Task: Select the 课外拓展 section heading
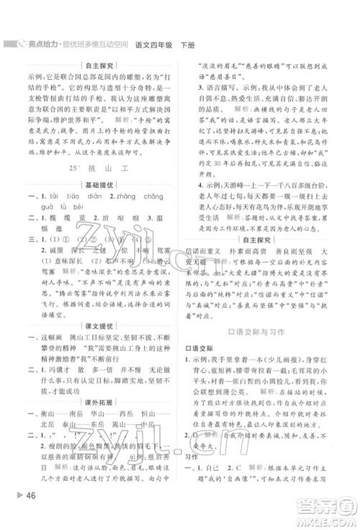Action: (96, 397)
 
